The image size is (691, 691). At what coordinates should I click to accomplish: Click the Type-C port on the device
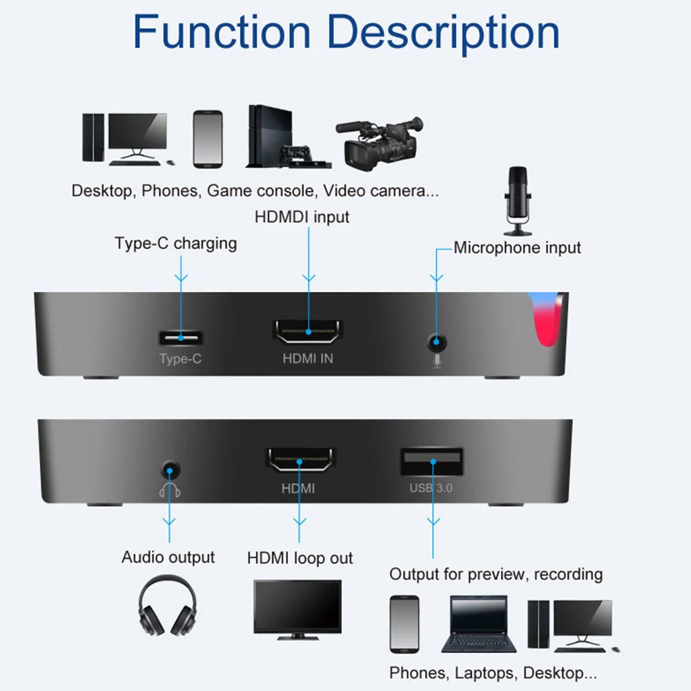coord(182,338)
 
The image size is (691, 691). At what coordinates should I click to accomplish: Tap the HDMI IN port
coord(308,333)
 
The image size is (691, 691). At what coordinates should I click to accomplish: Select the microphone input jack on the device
coord(436,340)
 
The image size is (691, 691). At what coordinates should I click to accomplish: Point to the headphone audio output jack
coord(168,471)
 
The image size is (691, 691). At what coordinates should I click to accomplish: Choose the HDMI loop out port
coord(299,460)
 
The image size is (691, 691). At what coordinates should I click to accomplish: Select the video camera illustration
coord(379,142)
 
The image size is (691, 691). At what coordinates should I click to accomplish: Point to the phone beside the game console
coord(208,138)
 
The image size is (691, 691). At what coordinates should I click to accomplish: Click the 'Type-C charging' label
coord(175,244)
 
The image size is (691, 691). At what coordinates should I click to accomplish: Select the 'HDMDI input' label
coord(302,217)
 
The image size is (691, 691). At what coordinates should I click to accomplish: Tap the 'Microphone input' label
coord(517,248)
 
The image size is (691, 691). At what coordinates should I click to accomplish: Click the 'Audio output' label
coord(168,557)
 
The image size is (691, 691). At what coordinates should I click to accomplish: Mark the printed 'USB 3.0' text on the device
coord(431,489)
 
